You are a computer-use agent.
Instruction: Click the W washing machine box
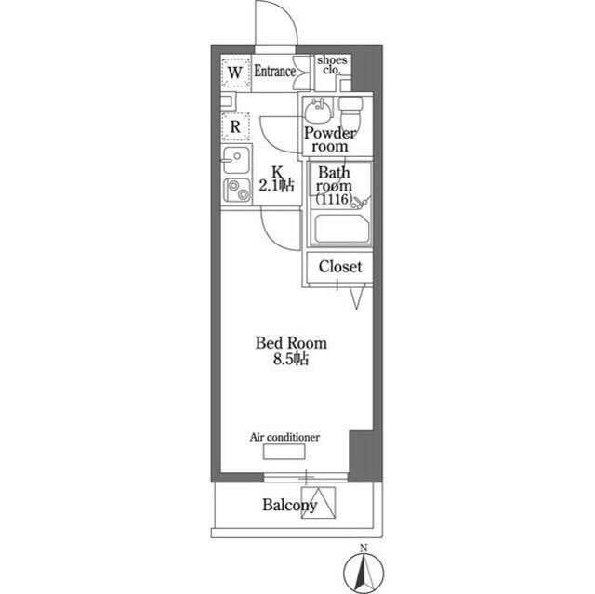tap(234, 72)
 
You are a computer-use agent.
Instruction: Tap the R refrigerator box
tap(235, 125)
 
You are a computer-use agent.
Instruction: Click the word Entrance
tap(275, 71)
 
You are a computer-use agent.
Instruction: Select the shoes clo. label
tap(331, 65)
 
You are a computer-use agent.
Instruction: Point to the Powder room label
tap(330, 139)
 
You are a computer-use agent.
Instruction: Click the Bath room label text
tap(336, 178)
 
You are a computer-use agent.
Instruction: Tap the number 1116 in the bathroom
tap(332, 199)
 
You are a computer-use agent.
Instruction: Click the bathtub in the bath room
tap(340, 229)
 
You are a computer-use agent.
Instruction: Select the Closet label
tap(339, 267)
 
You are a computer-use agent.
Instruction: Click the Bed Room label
tap(291, 343)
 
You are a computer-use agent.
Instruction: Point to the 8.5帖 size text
tap(292, 361)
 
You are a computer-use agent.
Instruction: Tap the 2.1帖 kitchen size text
tap(277, 186)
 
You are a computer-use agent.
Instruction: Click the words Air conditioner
tap(285, 436)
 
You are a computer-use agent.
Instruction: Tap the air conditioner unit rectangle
tap(284, 453)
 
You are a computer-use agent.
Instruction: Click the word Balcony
tap(289, 506)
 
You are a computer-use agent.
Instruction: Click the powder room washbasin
tap(319, 112)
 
